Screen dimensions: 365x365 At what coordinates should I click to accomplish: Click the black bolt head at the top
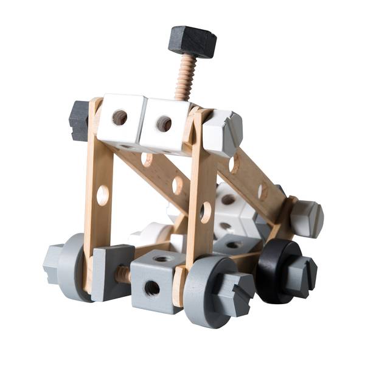point(192,41)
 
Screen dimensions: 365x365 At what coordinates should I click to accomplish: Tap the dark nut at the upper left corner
point(79,120)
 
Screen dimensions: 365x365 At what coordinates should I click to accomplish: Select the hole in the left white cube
point(120,117)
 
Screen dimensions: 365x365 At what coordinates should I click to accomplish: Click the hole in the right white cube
point(164,123)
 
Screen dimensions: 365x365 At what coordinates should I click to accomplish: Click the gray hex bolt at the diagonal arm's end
point(306,218)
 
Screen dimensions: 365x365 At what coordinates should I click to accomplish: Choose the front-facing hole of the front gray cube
point(152,288)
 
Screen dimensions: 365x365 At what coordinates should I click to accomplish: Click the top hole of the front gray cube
point(161,258)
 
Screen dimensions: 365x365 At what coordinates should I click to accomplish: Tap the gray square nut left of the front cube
point(111,272)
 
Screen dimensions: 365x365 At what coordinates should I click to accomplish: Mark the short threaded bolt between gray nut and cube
point(124,275)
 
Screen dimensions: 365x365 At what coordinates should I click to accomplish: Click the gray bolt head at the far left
point(54,263)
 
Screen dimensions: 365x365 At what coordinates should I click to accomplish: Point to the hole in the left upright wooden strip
point(103,195)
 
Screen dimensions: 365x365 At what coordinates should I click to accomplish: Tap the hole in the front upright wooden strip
point(205,212)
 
